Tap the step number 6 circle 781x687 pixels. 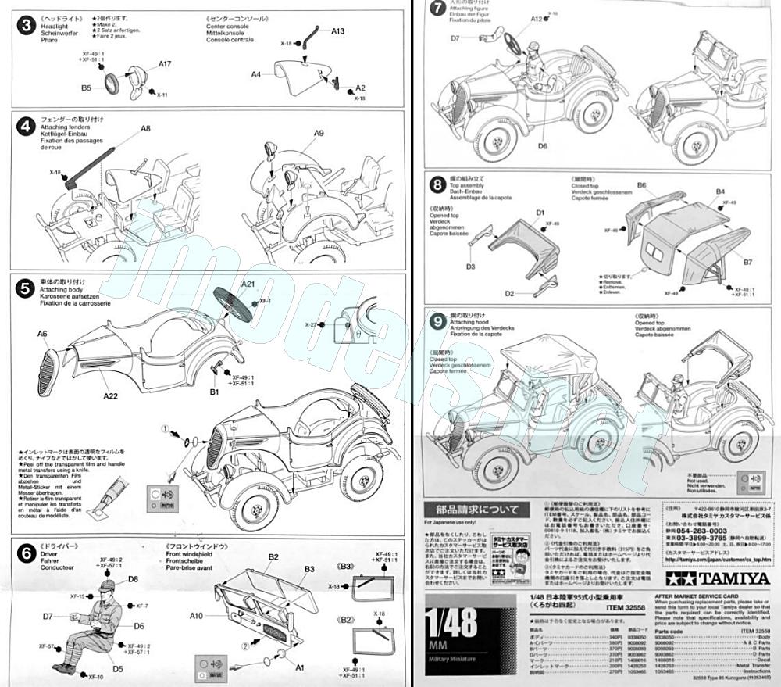[x=26, y=552]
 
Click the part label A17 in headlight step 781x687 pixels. [x=165, y=64]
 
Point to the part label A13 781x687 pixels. [x=337, y=31]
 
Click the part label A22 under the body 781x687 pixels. [x=111, y=396]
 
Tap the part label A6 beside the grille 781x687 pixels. [x=42, y=334]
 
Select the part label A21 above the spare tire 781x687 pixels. [x=249, y=283]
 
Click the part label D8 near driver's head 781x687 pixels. [x=133, y=579]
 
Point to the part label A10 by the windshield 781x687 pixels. [x=196, y=616]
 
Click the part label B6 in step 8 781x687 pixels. [x=640, y=185]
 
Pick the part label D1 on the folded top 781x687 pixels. [x=540, y=213]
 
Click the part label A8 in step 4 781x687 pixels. [x=145, y=128]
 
